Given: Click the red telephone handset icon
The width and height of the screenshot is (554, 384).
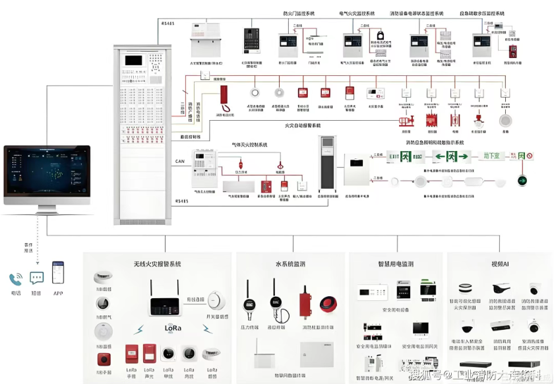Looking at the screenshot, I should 224,97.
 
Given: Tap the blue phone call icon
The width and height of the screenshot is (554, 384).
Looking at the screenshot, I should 15,279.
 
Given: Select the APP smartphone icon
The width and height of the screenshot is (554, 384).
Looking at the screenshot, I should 59,272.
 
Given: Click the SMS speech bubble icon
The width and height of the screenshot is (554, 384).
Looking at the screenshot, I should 37,279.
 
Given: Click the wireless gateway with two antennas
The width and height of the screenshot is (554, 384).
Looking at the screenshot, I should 165,301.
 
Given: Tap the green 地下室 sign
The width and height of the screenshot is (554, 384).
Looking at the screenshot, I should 491,156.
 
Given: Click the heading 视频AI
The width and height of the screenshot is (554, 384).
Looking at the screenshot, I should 500,264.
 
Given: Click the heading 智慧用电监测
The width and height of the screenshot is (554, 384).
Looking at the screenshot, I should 395,264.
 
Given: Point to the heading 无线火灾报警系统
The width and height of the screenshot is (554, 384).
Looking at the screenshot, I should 157,264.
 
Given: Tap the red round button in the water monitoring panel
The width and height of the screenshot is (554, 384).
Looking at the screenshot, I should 327,304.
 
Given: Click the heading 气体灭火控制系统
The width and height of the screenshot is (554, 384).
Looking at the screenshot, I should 250,144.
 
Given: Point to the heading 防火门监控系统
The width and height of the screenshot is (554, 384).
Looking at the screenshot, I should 299,13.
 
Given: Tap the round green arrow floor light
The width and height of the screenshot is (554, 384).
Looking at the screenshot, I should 523,179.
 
